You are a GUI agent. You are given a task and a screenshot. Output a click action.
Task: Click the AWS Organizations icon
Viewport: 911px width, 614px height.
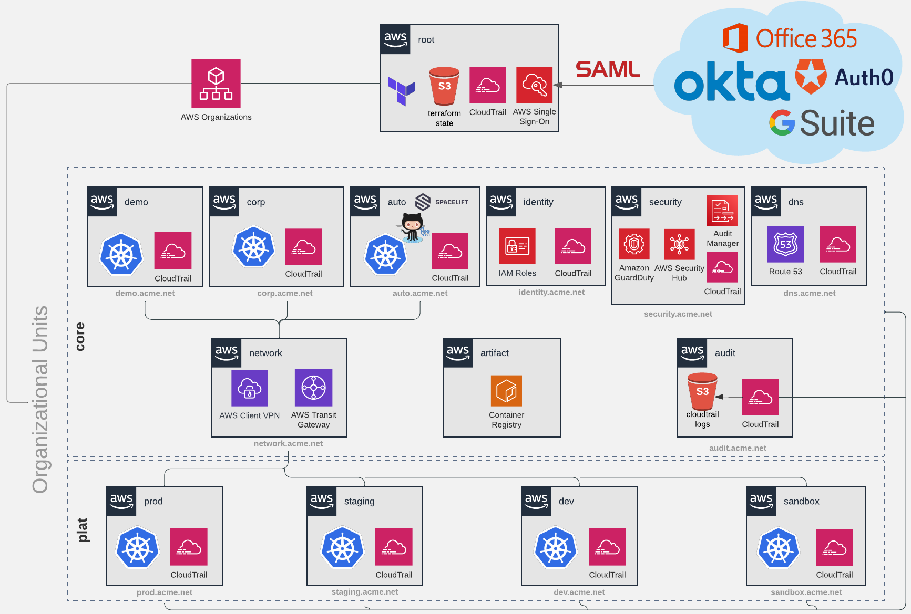pos(216,83)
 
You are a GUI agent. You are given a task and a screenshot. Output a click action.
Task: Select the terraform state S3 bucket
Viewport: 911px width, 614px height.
pos(444,86)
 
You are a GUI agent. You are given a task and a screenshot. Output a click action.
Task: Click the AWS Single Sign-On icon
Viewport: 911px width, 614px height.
pos(534,85)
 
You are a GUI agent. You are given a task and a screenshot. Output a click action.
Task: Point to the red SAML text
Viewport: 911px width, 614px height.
pos(608,69)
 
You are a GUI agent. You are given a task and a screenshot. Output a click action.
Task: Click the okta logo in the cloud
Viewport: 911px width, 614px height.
pos(731,81)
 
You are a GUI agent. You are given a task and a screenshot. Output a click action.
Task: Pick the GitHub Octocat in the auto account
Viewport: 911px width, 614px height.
pos(413,227)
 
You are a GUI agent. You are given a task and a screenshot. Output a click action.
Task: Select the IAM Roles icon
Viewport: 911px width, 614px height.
pos(517,246)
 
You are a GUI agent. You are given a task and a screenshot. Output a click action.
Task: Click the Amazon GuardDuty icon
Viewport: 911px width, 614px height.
pos(634,244)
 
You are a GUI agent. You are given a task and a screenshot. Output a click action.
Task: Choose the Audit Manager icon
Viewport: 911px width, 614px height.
pos(722,211)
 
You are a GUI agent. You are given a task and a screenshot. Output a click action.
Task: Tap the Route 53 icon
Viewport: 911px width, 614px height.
pos(785,244)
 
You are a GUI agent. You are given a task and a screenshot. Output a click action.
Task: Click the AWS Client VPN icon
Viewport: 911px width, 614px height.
pos(250,388)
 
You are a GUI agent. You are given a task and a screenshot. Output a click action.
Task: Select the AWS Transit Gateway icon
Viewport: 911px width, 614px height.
pos(313,388)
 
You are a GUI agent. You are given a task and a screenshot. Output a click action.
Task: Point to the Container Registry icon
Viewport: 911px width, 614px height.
pos(506,391)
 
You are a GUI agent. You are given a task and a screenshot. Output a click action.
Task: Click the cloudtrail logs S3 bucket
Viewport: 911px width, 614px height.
pos(702,391)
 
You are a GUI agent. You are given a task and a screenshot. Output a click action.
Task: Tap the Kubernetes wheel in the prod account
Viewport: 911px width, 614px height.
pos(138,548)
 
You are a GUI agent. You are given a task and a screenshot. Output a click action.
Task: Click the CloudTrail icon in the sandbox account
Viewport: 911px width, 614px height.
pos(834,547)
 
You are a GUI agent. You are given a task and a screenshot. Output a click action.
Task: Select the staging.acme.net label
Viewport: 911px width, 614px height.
pos(365,592)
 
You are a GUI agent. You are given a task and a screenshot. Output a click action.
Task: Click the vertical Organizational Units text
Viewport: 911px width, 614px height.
pos(40,399)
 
